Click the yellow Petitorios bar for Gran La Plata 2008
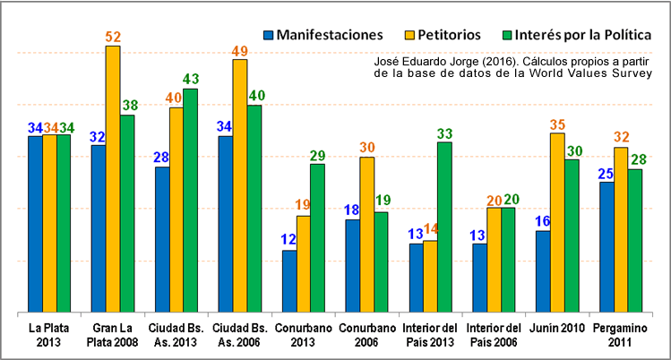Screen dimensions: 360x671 point(112,179)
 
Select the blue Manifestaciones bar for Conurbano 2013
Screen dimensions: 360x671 point(288,281)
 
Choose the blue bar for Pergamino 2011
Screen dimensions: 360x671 point(606,246)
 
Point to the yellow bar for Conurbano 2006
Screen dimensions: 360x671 point(366,234)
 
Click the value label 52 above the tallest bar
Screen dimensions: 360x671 point(113,37)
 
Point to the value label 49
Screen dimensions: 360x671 point(239,51)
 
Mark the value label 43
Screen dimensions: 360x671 point(191,80)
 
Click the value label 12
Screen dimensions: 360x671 point(288,240)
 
